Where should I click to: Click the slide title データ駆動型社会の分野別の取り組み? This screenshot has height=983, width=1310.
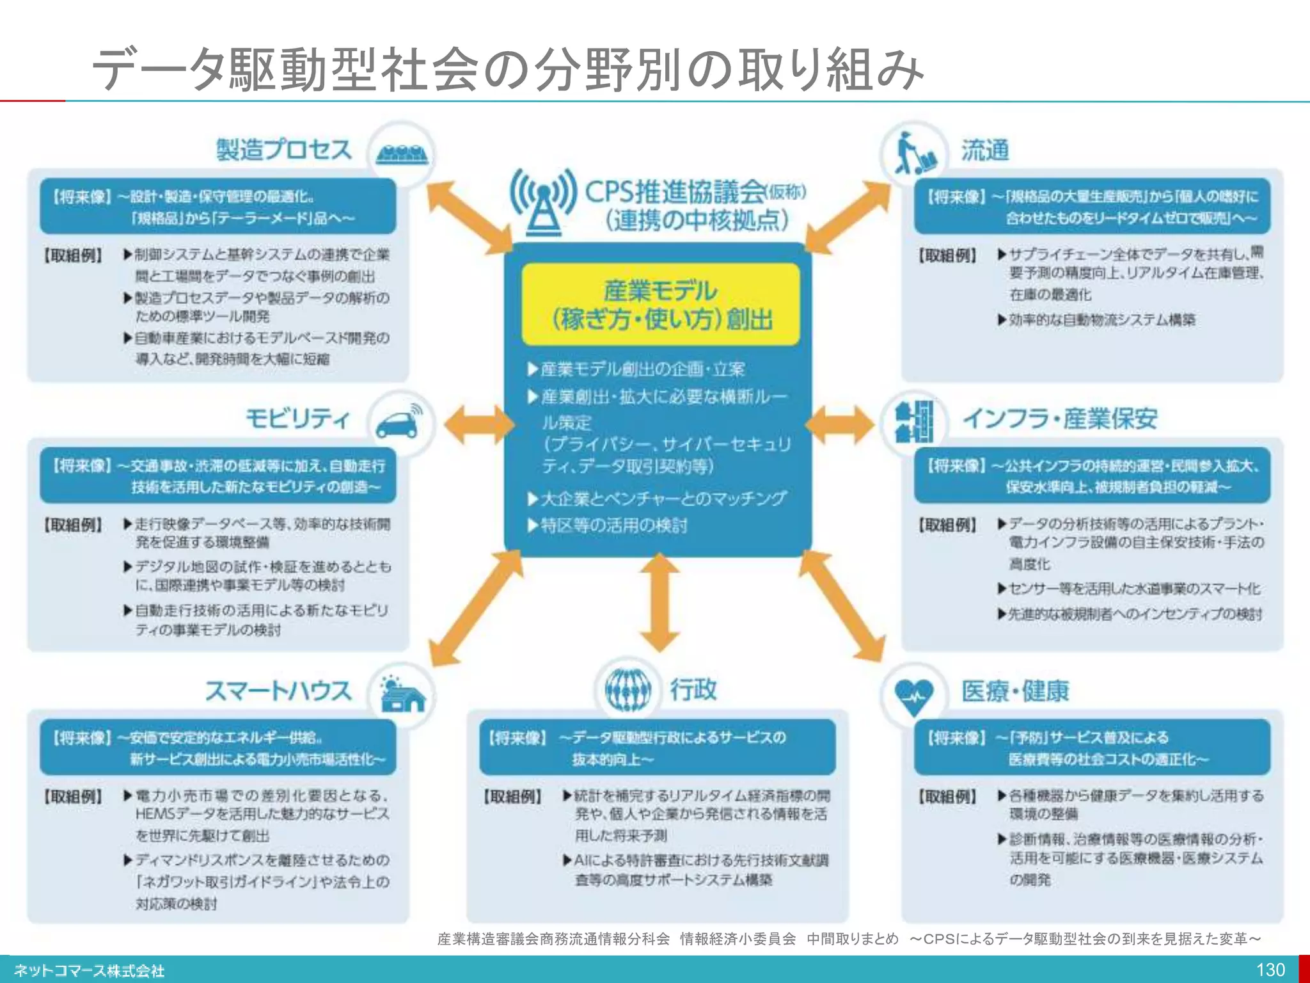(x=509, y=69)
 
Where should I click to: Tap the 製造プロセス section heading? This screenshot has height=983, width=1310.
(x=284, y=150)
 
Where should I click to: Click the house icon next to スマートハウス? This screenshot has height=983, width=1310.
(x=402, y=695)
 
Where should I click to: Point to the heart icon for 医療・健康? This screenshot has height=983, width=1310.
(x=913, y=695)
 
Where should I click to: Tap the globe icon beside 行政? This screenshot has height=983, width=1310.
(x=628, y=690)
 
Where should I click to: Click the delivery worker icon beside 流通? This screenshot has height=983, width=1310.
(x=915, y=154)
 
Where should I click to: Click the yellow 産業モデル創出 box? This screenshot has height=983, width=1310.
(x=661, y=305)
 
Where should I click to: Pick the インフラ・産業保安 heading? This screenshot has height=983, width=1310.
(x=1061, y=419)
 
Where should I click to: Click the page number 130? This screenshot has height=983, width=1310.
(x=1270, y=970)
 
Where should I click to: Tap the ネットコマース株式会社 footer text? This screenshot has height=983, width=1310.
(x=90, y=971)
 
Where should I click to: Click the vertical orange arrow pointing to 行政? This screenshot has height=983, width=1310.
(x=659, y=602)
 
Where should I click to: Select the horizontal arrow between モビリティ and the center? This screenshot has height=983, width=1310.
(x=478, y=424)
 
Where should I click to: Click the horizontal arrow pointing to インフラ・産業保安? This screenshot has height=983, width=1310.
(x=840, y=424)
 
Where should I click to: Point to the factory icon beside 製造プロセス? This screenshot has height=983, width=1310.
(x=402, y=154)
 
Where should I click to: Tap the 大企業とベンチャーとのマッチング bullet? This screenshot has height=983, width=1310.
(x=658, y=499)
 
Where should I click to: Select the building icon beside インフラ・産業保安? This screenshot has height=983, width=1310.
(x=915, y=422)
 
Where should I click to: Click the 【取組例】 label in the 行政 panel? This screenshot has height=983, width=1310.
(x=513, y=797)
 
